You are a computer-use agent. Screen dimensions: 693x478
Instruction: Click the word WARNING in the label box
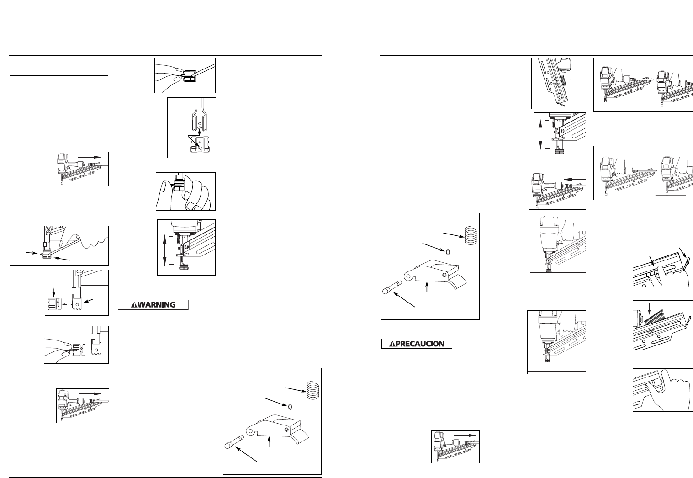[x=157, y=305]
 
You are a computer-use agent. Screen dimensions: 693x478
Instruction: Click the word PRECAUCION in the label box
[x=420, y=344]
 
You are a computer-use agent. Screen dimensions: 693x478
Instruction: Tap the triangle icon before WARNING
[x=134, y=305]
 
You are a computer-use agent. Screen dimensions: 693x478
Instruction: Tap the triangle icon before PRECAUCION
[x=392, y=344]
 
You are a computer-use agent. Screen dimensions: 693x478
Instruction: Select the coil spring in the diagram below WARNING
[x=313, y=390]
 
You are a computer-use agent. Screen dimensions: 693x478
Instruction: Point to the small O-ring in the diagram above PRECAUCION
[x=448, y=252]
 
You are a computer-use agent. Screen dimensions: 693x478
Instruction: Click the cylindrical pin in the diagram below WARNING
[x=235, y=441]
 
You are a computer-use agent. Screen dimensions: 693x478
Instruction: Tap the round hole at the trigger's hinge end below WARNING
[x=286, y=430]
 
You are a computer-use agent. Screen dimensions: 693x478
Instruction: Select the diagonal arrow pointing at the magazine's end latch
[x=683, y=254]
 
